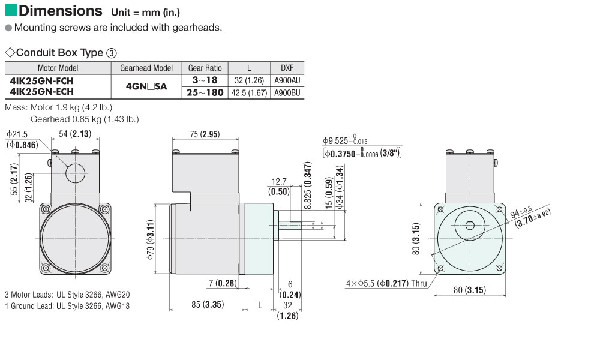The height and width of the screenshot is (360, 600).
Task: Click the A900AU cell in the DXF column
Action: (x=287, y=80)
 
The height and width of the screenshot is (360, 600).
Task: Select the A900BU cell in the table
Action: (x=287, y=92)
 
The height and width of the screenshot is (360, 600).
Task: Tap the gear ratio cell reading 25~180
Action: (x=205, y=92)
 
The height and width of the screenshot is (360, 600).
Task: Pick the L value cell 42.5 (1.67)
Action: (x=249, y=92)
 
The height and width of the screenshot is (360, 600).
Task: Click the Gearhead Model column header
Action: (x=146, y=68)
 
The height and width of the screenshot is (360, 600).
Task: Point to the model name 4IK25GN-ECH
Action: (x=42, y=92)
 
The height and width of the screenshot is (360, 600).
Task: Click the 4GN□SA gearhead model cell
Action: (x=146, y=86)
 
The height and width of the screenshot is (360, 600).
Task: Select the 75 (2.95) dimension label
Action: (x=205, y=134)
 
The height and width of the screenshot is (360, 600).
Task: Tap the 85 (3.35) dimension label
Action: (x=208, y=305)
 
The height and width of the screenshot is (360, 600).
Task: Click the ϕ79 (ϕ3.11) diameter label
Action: (x=150, y=239)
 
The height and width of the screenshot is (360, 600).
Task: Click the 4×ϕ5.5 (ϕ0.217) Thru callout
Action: (x=386, y=283)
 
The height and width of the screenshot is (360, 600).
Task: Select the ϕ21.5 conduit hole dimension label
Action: (x=17, y=134)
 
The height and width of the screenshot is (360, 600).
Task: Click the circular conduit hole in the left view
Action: (x=76, y=173)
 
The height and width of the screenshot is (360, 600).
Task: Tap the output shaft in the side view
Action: (x=290, y=226)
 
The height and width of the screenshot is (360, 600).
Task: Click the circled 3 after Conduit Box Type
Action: (x=112, y=53)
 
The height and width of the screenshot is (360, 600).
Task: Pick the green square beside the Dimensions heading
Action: (x=11, y=10)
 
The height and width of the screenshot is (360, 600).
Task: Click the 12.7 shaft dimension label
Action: (x=279, y=181)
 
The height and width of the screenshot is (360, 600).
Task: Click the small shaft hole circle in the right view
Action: (x=470, y=226)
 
